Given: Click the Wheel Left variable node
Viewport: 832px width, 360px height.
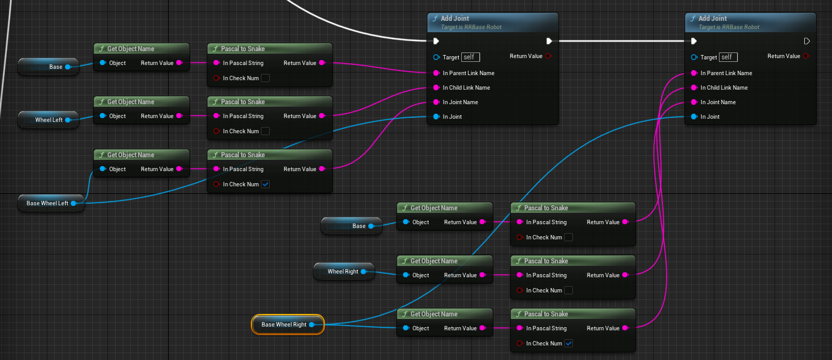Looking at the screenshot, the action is click(x=48, y=119).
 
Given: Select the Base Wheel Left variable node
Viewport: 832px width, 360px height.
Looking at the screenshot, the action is click(x=51, y=203).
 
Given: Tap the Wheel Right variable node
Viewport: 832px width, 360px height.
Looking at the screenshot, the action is click(x=344, y=272).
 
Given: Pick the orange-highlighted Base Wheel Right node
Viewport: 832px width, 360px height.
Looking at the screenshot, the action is click(x=288, y=325).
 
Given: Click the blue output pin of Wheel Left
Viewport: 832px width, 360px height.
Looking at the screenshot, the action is click(x=68, y=119).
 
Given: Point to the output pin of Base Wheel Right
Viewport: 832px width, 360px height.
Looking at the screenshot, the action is click(x=312, y=325).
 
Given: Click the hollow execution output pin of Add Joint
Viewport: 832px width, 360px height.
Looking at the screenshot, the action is click(x=806, y=41).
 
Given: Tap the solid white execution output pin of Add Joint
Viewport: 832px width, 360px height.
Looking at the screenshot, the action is click(x=549, y=41).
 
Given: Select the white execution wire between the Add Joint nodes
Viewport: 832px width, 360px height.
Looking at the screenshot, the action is click(x=622, y=41).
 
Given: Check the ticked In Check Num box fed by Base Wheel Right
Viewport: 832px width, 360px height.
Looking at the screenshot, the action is click(x=569, y=344).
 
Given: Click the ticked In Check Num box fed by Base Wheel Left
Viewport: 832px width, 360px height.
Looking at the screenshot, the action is click(x=265, y=184).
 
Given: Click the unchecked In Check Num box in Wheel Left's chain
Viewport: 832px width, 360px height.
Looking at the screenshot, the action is click(x=265, y=131).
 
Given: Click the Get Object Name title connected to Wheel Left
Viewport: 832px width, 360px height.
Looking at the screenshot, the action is click(x=131, y=102).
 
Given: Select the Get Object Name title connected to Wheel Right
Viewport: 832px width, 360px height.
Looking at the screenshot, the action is click(x=434, y=261).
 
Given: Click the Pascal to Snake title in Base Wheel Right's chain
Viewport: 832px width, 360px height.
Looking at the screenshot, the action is click(x=546, y=314).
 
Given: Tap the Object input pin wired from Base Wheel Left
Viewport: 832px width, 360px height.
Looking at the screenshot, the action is click(x=103, y=169).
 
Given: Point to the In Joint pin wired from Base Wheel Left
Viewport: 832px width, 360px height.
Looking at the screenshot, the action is click(x=437, y=117).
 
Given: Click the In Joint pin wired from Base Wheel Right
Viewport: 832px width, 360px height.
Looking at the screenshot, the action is click(x=694, y=117).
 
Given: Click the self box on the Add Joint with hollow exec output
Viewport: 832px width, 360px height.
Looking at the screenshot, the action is click(x=728, y=57).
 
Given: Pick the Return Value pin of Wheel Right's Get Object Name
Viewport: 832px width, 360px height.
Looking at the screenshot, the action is click(x=483, y=275).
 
